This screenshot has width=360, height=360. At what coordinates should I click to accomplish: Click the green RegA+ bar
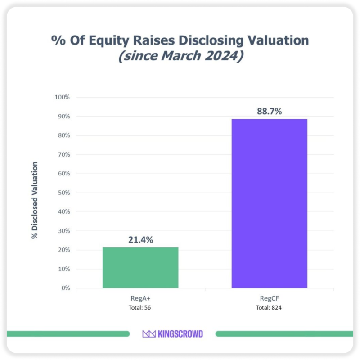pyautogui.click(x=140, y=268)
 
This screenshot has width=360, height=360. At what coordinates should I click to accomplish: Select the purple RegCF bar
pyautogui.click(x=269, y=203)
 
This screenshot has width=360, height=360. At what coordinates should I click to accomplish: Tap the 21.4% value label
pyautogui.click(x=140, y=240)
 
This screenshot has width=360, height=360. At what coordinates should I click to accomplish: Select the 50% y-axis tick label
pyautogui.click(x=63, y=193)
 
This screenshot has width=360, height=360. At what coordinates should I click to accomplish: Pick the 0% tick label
pyautogui.click(x=65, y=288)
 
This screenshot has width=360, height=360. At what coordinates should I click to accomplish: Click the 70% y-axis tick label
pyautogui.click(x=63, y=154)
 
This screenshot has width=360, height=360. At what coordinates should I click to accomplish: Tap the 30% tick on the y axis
pyautogui.click(x=63, y=231)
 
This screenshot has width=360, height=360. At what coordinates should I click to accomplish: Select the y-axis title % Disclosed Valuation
pyautogui.click(x=35, y=200)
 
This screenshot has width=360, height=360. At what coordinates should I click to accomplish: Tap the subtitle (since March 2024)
pyautogui.click(x=180, y=57)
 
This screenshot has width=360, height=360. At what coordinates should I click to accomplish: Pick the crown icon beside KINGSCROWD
pyautogui.click(x=148, y=333)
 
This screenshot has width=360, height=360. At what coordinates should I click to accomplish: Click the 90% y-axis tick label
pyautogui.click(x=63, y=116)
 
